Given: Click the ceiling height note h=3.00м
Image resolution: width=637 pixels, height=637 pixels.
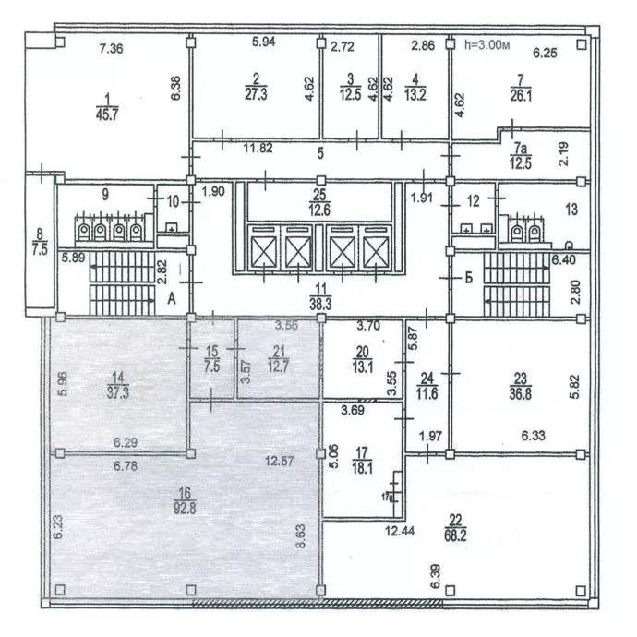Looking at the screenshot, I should click(486, 43).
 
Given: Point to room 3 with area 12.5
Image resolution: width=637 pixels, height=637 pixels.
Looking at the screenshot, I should click(351, 88).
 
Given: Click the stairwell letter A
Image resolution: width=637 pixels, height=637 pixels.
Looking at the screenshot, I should click(172, 297).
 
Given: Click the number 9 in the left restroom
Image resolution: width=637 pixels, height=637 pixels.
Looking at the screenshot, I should click(105, 195).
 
